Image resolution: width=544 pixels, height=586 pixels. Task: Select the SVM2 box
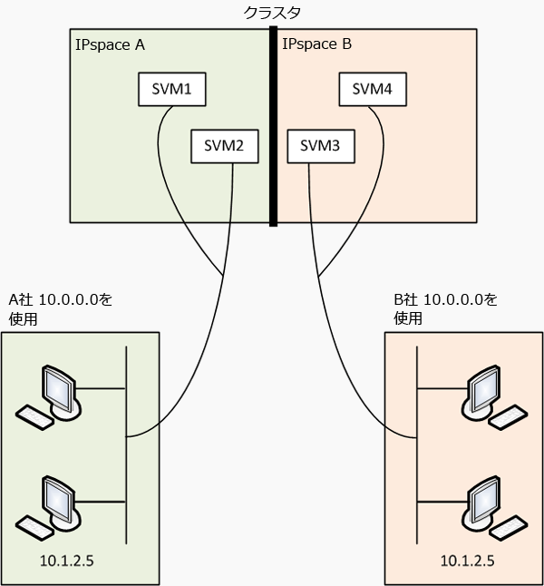click(224, 146)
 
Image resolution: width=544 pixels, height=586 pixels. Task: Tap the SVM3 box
click(319, 146)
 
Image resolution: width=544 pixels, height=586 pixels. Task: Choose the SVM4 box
click(372, 89)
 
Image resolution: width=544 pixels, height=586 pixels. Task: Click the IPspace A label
click(108, 44)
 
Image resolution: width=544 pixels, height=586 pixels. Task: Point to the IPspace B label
click(316, 44)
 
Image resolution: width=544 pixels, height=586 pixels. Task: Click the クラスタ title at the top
click(273, 12)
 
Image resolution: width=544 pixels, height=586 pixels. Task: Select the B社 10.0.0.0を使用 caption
click(445, 308)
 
